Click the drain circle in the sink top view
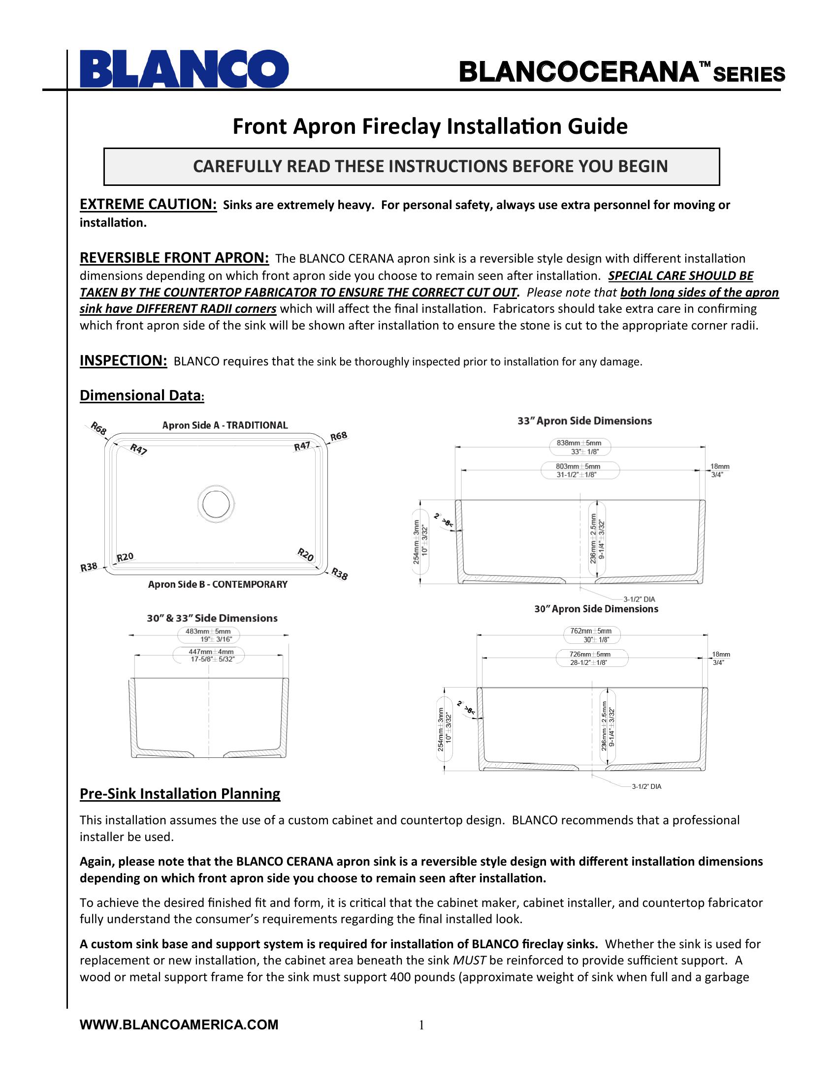[216, 502]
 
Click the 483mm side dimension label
[208, 635]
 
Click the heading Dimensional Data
[142, 395]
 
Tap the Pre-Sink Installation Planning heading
[180, 794]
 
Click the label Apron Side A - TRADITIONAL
[225, 425]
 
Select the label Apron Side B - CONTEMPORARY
[218, 584]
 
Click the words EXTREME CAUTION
[148, 204]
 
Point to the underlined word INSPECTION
[124, 360]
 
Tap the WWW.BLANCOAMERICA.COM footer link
[179, 1024]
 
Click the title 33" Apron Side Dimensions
[584, 421]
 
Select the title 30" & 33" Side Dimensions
[212, 618]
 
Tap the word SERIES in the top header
[749, 74]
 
